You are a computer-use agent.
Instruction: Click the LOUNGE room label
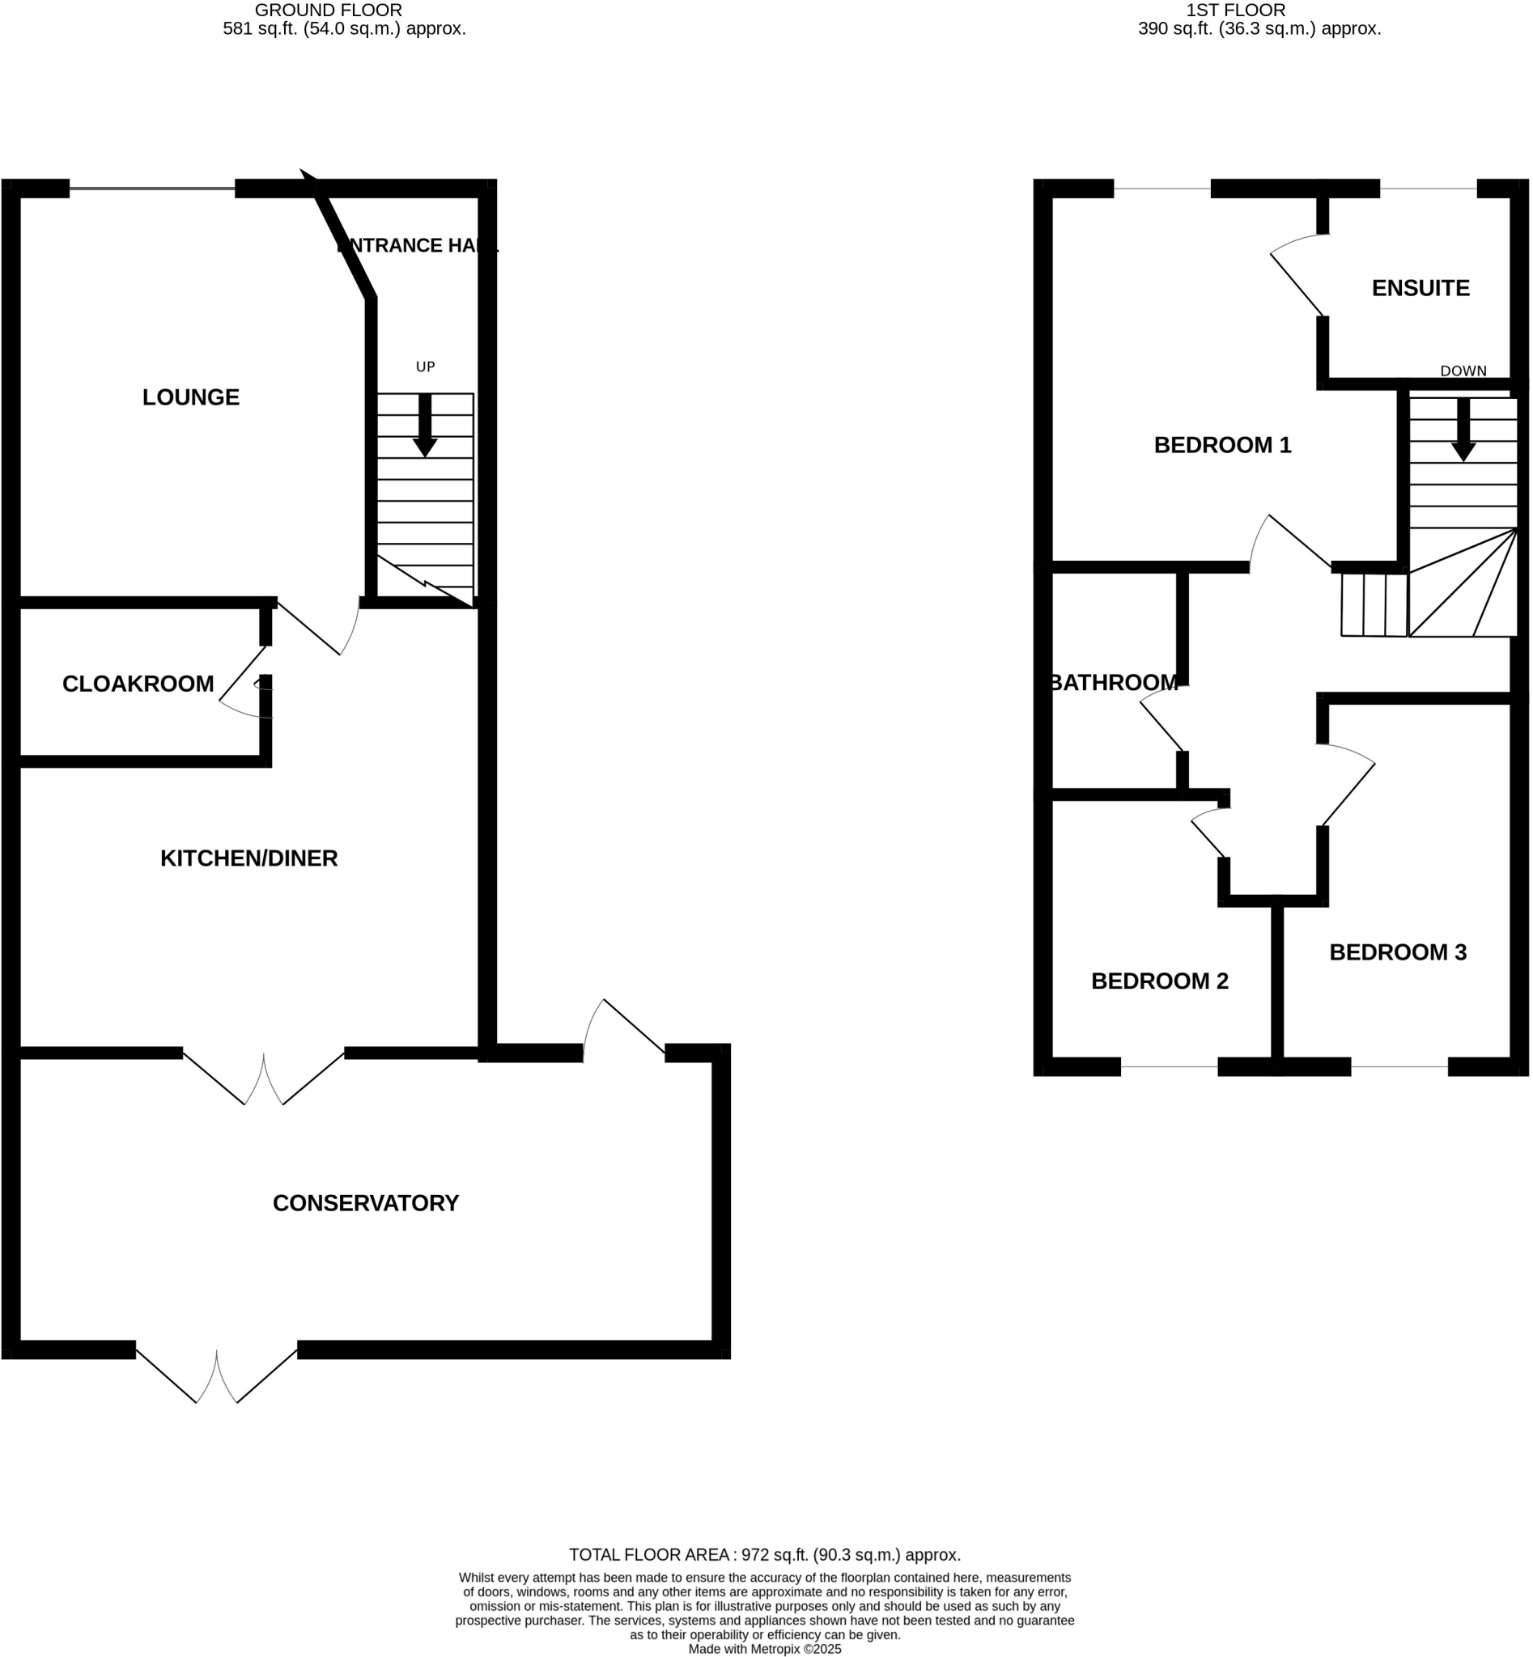[x=191, y=397]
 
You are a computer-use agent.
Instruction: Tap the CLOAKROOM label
[x=138, y=684]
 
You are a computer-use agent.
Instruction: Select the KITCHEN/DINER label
[x=248, y=858]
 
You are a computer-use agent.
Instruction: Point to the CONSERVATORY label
[x=365, y=1203]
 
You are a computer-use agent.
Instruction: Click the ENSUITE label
[x=1420, y=288]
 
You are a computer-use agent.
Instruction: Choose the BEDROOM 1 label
[x=1222, y=445]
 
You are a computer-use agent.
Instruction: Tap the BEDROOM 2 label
[x=1159, y=981]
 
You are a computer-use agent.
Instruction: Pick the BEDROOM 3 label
[x=1398, y=952]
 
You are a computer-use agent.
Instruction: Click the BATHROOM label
[x=1113, y=683]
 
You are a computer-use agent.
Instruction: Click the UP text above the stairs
[x=425, y=367]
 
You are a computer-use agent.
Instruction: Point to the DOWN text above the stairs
[x=1463, y=371]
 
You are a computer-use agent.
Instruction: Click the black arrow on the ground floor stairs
[x=425, y=425]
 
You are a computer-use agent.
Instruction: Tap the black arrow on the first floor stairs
[x=1463, y=429]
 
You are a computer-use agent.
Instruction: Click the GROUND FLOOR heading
[x=329, y=10]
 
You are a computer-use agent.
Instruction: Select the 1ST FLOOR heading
[x=1235, y=10]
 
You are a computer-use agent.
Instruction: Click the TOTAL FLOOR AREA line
[x=764, y=1555]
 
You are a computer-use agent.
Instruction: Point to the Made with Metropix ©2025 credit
[x=764, y=1649]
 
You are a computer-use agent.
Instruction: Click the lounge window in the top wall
[x=152, y=189]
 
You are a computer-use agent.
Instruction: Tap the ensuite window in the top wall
[x=1428, y=189]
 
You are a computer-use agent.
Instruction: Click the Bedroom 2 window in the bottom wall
[x=1169, y=1066]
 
